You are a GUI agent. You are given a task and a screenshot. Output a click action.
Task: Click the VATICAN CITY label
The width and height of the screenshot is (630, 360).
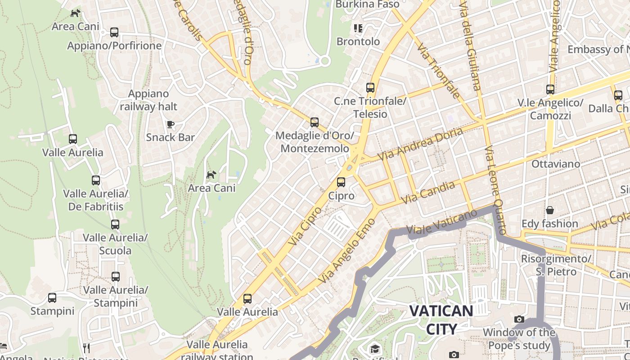pos(441,319)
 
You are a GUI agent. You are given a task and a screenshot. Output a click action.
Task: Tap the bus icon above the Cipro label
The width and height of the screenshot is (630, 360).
pos(341,182)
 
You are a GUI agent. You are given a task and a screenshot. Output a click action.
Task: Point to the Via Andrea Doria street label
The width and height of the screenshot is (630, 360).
pos(420,144)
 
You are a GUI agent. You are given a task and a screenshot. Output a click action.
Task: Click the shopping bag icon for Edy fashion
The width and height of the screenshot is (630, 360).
pos(549,210)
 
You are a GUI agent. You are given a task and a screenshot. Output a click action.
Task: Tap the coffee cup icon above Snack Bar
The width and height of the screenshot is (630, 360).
pos(170,124)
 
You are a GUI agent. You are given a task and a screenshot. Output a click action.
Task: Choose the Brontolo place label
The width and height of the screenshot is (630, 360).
pos(358,41)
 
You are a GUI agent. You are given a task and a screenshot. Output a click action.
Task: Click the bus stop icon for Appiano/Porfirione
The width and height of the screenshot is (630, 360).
pos(114,32)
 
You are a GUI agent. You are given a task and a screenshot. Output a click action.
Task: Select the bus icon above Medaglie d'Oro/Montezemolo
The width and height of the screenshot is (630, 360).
pos(315,122)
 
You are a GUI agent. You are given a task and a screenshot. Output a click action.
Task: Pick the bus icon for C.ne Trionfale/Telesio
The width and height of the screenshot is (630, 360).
pos(370,88)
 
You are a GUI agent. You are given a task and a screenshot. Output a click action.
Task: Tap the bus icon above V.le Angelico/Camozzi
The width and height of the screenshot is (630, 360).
pos(550,90)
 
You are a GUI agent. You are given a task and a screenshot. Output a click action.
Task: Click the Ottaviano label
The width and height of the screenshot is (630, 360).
pos(556,164)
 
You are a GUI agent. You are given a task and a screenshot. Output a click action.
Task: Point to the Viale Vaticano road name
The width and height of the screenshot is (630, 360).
pos(441,222)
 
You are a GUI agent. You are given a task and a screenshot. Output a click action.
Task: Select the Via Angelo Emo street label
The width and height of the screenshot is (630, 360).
pos(346,251)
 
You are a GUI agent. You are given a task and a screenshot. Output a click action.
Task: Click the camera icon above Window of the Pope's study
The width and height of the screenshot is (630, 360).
pos(519,319)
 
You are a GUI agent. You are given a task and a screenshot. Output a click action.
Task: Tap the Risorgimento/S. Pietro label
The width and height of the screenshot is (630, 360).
pos(556,265)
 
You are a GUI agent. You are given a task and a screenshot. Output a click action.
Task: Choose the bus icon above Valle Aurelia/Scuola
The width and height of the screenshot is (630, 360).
pos(115,224)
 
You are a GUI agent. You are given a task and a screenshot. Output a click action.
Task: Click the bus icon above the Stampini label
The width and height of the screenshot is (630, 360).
pos(52,298)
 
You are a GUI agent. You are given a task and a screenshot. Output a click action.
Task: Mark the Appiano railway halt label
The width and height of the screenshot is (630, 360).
pos(148,100)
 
